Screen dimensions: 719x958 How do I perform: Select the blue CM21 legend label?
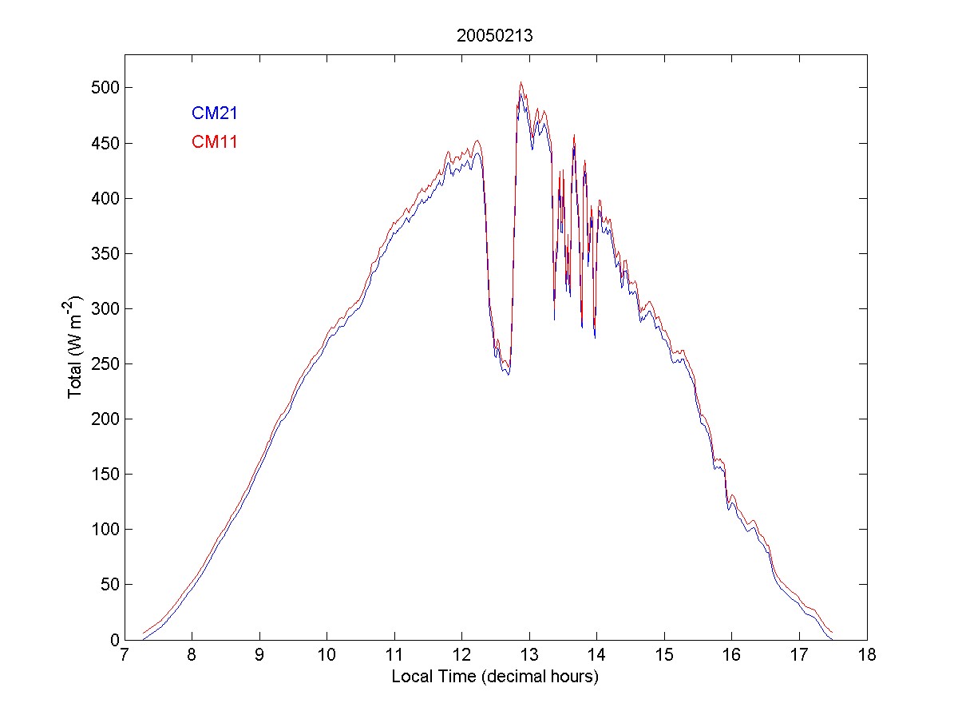(x=214, y=113)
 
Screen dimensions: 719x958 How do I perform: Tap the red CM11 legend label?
(x=214, y=142)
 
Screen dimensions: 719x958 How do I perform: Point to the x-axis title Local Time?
(x=495, y=677)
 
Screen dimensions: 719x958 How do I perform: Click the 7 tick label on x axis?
(x=125, y=656)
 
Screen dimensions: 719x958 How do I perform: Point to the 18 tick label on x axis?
(x=867, y=656)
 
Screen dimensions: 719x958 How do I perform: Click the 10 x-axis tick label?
(x=327, y=656)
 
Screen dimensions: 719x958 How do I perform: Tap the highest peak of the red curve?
(x=521, y=81)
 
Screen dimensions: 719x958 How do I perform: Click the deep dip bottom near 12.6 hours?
(x=507, y=372)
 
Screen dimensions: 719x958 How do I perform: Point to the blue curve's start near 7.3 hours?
(x=143, y=639)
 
